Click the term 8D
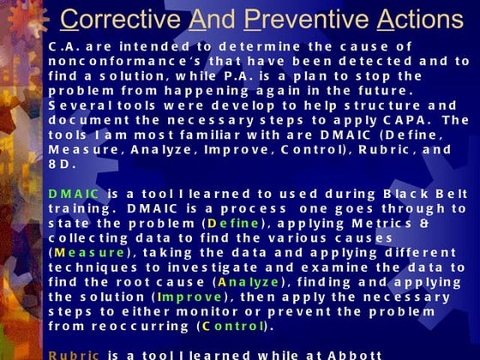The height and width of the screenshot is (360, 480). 63,164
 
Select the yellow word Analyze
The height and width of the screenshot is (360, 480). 249,281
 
